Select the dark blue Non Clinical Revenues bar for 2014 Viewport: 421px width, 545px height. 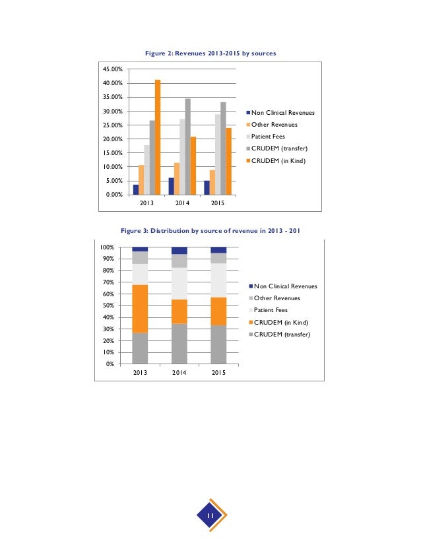pos(172,186)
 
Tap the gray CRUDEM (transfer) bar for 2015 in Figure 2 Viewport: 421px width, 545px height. pos(223,148)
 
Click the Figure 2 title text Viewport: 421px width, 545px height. pos(210,53)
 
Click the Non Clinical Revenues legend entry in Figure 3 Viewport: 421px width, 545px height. pos(284,286)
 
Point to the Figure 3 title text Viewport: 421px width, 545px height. pos(210,232)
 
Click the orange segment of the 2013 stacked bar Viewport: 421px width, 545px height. pos(140,309)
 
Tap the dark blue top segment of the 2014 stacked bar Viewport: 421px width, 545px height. pos(179,251)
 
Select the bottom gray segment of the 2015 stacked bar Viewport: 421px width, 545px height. pos(218,344)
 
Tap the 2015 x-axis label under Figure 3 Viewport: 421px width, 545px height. pos(218,373)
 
